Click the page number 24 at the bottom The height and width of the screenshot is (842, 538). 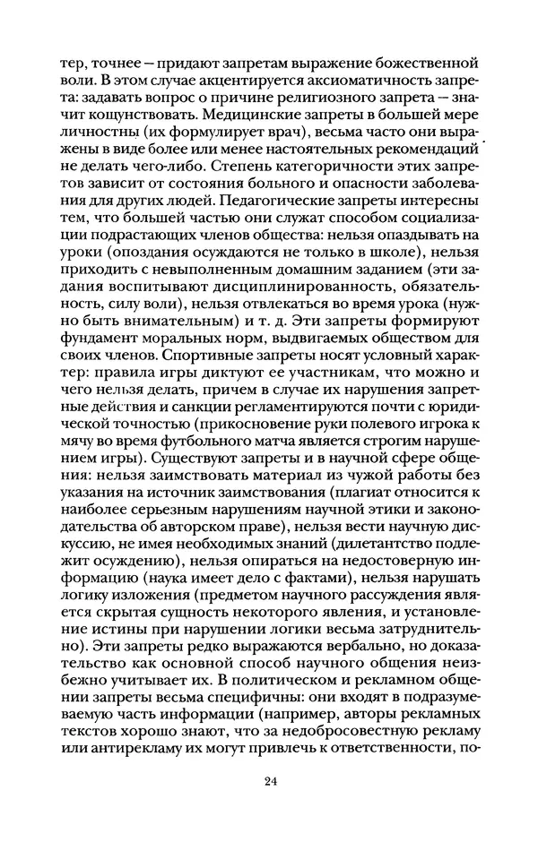point(272,783)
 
